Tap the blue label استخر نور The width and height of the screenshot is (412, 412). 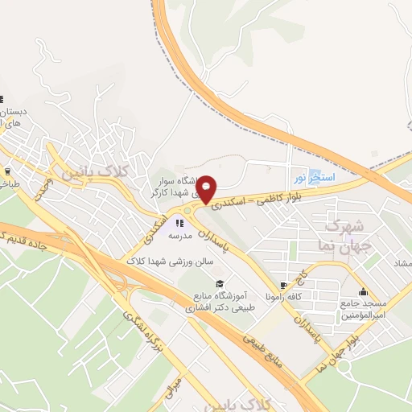click(311, 175)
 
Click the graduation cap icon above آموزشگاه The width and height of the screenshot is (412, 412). click(219, 283)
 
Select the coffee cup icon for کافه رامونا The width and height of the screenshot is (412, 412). click(282, 286)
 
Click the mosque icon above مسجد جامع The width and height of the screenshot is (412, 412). click(364, 292)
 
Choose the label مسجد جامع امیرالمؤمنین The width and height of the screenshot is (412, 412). click(364, 311)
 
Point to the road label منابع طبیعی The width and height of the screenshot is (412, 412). click(266, 348)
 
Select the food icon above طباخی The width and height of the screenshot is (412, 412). click(8, 171)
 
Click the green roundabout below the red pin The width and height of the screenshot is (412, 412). click(187, 211)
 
